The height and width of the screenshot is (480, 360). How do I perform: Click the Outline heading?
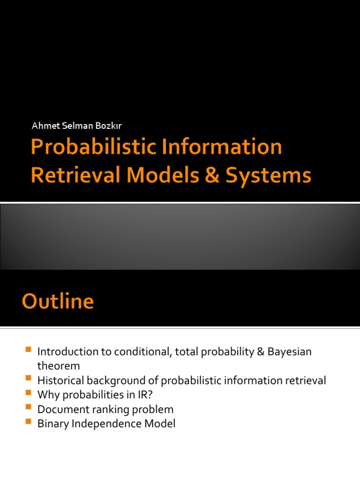point(57,301)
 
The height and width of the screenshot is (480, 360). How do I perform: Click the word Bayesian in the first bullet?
point(290,352)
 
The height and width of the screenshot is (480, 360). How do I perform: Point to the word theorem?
point(59,366)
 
